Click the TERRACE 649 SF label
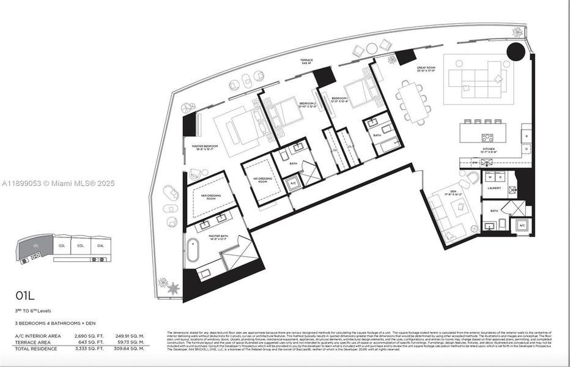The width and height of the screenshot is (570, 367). (x=307, y=62)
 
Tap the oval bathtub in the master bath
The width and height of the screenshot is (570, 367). (x=193, y=250)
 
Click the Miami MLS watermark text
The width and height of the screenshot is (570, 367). (x=58, y=183)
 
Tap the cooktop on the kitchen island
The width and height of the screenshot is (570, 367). (x=487, y=138)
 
